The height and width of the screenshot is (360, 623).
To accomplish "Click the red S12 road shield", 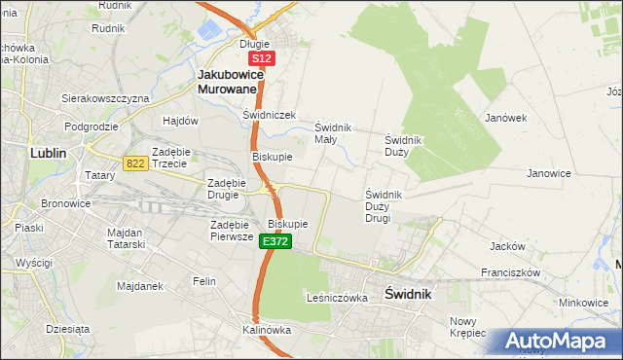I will [x=262, y=59].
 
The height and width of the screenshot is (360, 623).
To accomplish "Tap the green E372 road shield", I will [x=275, y=240].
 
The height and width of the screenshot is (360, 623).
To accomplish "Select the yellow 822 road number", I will [x=135, y=163].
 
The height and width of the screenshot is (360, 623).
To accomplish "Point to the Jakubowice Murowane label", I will [x=228, y=81].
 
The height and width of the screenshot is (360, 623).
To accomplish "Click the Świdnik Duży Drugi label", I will [x=390, y=205].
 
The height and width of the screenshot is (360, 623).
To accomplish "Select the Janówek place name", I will [x=505, y=118].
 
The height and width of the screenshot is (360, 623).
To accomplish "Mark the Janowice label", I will [x=548, y=173].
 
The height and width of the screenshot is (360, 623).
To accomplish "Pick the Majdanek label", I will [x=138, y=286].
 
